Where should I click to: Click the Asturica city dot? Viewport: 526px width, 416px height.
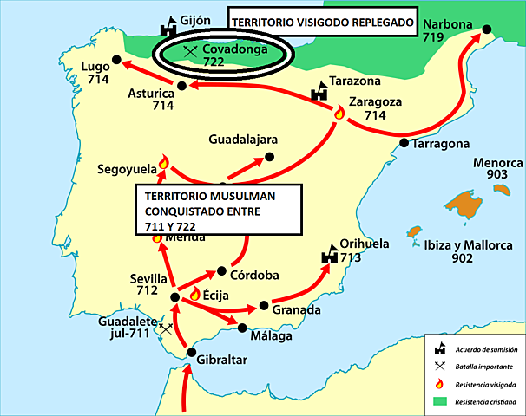point(181,85)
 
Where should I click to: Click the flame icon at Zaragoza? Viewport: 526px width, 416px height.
point(339,113)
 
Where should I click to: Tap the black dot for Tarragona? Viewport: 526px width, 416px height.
point(404,143)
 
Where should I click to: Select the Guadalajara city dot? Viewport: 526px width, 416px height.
point(269,157)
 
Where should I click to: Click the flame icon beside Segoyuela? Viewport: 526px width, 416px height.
point(162,162)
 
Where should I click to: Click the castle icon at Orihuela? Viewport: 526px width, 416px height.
point(330,255)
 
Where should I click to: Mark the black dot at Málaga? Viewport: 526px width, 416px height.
point(240,326)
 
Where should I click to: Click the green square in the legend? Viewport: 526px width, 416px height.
point(443,402)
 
